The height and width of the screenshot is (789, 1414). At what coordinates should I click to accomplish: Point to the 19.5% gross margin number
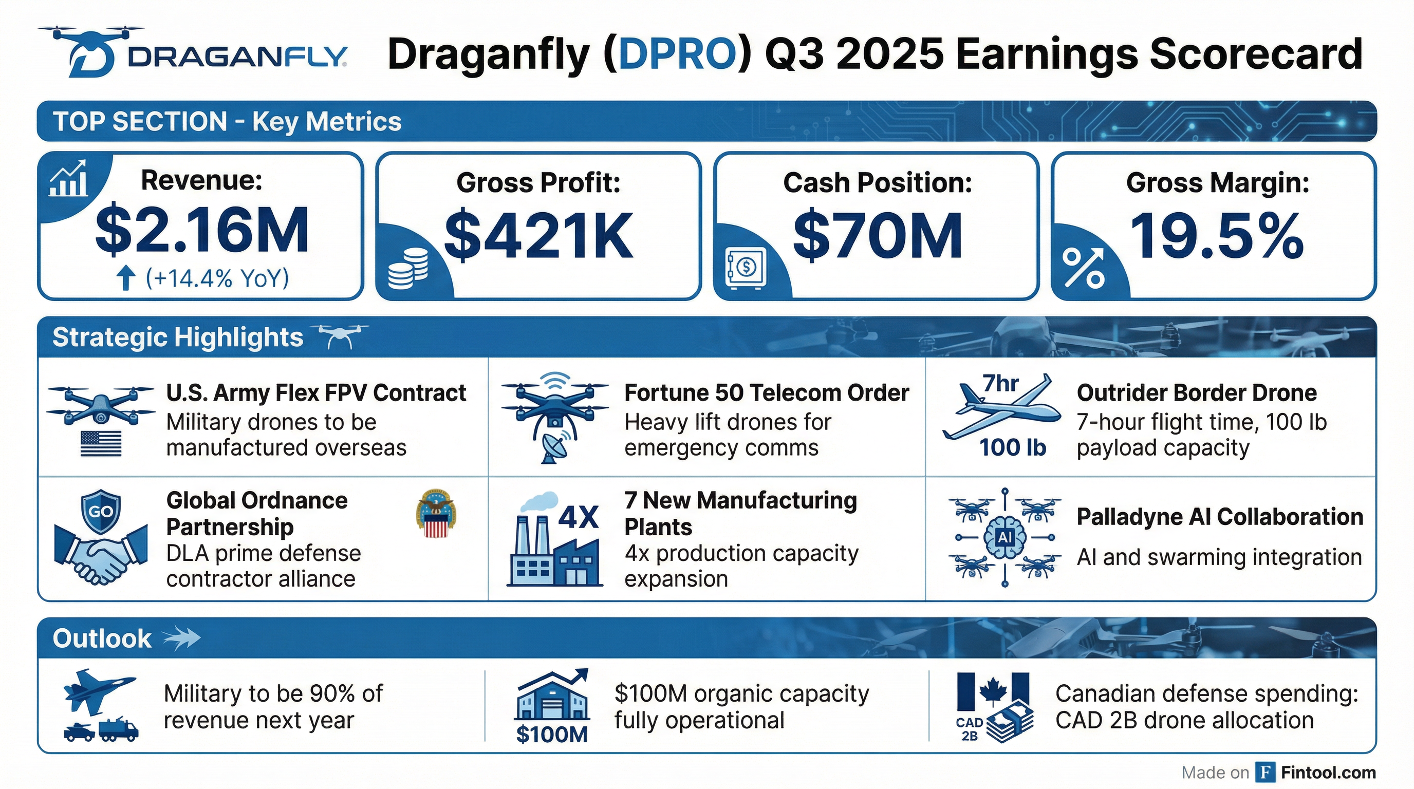tap(1216, 236)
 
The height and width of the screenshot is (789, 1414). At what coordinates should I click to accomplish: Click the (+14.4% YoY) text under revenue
tap(217, 278)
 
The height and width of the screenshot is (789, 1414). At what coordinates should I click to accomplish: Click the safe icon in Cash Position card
tap(745, 268)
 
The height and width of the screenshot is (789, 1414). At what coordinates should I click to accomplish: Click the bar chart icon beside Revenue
tap(68, 179)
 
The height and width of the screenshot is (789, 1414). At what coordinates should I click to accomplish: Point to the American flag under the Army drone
tap(101, 443)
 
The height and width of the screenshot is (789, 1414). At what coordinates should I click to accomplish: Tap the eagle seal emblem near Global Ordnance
tap(436, 513)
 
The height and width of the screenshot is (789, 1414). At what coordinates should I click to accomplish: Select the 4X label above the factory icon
tap(578, 517)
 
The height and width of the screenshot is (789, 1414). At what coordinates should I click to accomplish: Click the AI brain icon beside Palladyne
tap(1005, 537)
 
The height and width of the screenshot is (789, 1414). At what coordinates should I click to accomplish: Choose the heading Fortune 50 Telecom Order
tap(766, 393)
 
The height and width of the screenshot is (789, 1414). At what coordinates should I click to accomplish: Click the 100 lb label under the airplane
tap(1013, 448)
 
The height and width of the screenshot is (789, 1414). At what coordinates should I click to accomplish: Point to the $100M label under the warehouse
tap(552, 734)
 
